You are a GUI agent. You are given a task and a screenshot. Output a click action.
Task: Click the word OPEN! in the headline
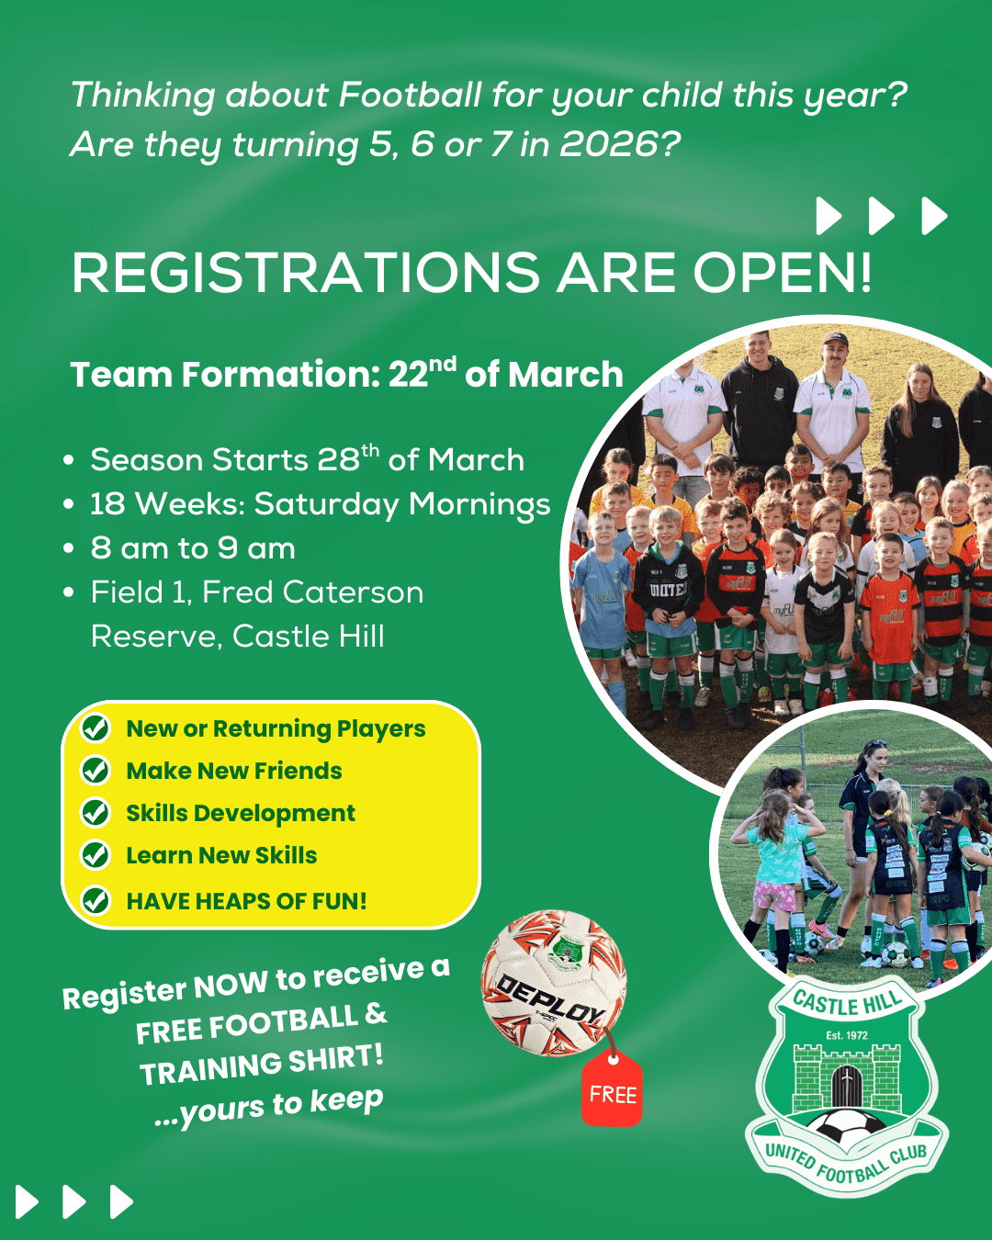(x=782, y=273)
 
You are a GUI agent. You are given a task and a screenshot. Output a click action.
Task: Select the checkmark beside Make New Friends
(x=96, y=771)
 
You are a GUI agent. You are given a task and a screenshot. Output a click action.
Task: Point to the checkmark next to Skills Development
(x=96, y=813)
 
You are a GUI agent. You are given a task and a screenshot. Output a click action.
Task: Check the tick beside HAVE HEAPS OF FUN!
(x=96, y=900)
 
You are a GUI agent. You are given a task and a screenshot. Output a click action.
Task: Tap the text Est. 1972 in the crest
(x=846, y=1035)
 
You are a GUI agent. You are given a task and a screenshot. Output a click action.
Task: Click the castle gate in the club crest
(x=846, y=1086)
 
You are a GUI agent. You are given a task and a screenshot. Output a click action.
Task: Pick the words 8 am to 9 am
(x=193, y=548)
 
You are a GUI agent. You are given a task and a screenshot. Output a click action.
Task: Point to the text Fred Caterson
(x=312, y=592)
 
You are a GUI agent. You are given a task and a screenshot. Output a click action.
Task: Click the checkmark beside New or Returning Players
(x=96, y=728)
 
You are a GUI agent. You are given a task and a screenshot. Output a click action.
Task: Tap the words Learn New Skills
(x=221, y=855)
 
